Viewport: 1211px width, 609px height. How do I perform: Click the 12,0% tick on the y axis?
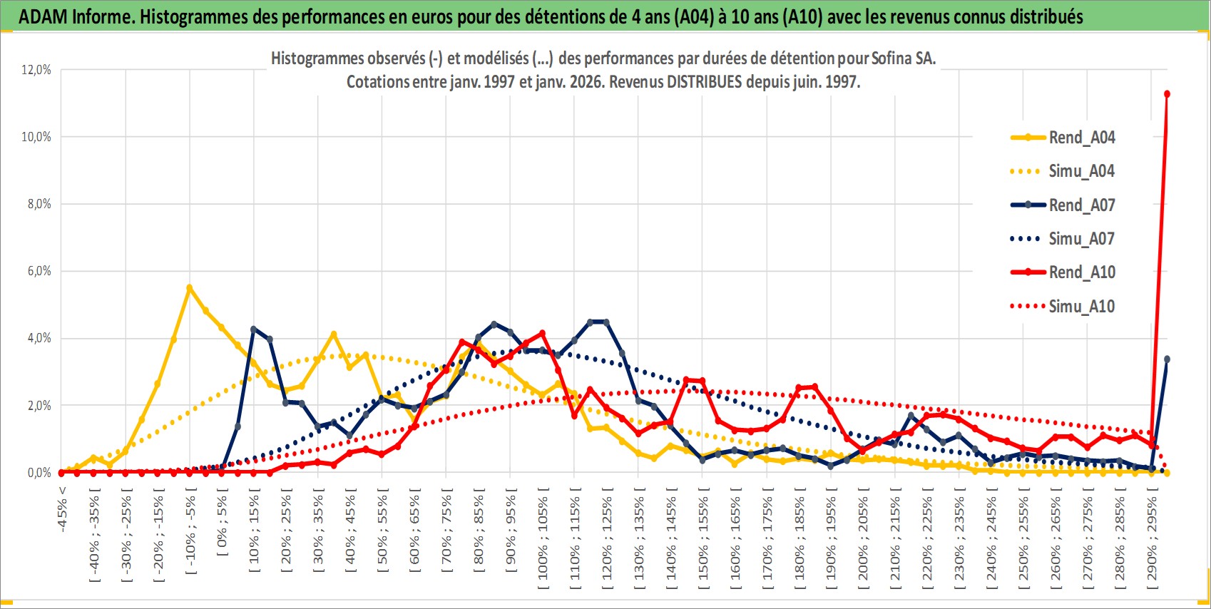tap(36, 70)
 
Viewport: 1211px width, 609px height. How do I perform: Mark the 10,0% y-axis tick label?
tap(36, 137)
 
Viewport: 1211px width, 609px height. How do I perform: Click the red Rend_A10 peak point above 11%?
tap(1167, 94)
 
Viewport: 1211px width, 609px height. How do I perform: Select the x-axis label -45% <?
tap(63, 509)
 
